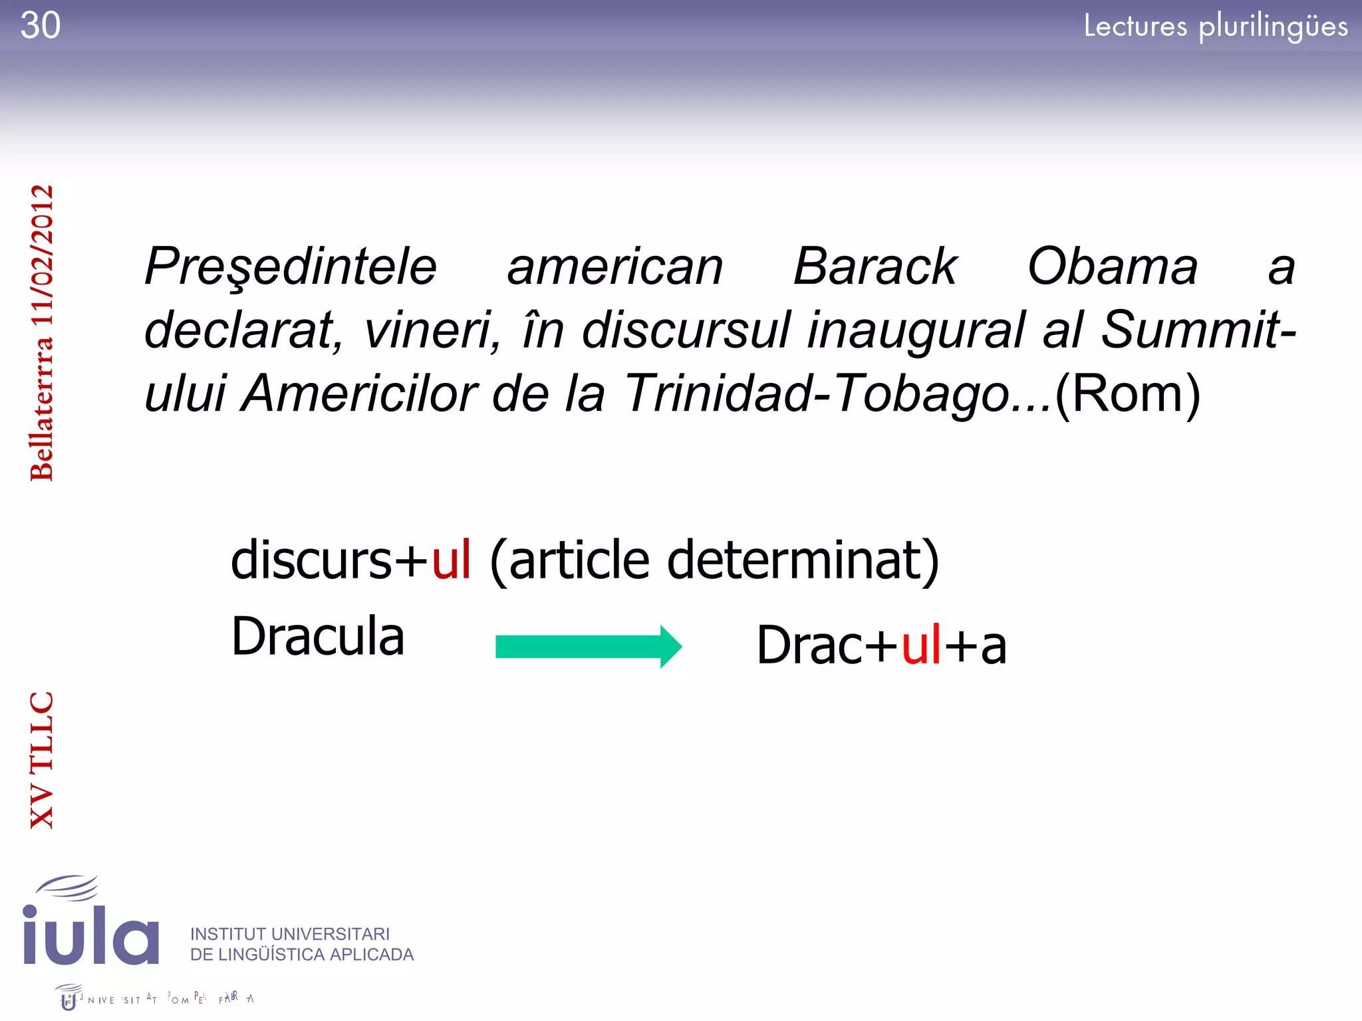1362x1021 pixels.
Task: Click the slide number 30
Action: click(x=41, y=26)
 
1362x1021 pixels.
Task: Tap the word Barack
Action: click(x=875, y=267)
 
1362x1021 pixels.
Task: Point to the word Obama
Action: click(x=1113, y=267)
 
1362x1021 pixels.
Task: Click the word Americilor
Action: click(x=359, y=393)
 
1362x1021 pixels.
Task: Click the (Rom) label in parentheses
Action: click(x=1128, y=394)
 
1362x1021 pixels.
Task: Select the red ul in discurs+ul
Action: click(x=452, y=560)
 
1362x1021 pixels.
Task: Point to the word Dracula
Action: click(x=317, y=636)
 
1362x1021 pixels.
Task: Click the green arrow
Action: click(x=588, y=646)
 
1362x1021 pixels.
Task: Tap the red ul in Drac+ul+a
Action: click(x=921, y=645)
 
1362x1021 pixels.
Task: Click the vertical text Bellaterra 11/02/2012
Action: click(x=41, y=332)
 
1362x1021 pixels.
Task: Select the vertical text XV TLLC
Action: click(x=41, y=760)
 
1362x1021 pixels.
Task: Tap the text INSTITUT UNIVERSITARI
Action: click(x=290, y=934)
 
